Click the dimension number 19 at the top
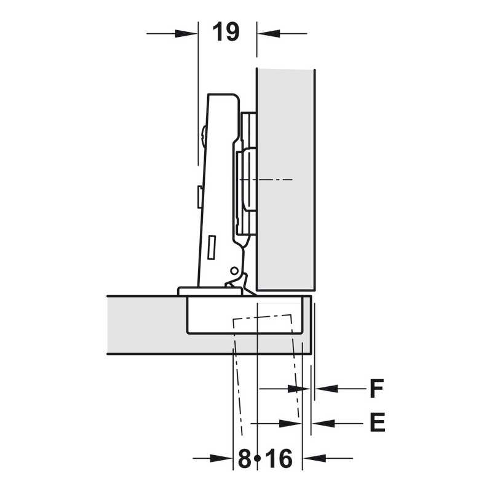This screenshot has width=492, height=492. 226,32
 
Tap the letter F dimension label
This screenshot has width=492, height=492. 376,389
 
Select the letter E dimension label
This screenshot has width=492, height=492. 378,423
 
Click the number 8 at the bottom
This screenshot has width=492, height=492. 245,458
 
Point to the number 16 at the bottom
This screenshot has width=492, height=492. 279,458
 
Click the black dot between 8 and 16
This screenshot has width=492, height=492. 258,459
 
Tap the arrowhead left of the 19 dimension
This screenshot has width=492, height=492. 186,34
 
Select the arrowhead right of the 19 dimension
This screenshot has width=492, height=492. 269,33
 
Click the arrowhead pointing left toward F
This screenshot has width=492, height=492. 327,389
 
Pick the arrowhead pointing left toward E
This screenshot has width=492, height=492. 323,423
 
